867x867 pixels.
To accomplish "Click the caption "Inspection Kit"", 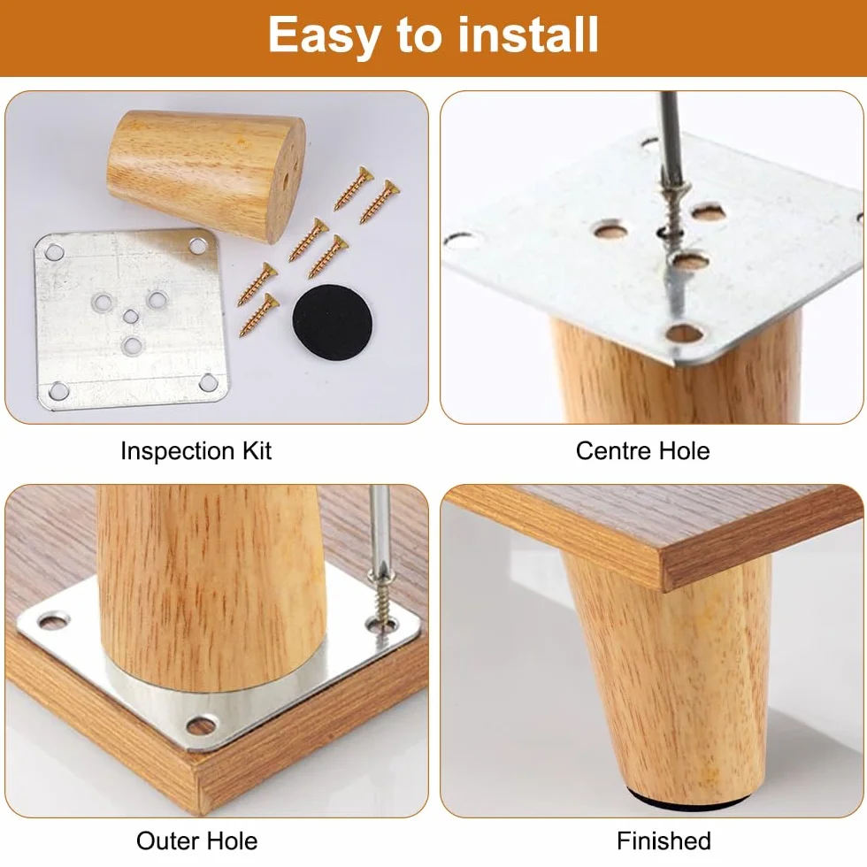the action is click(x=196, y=451).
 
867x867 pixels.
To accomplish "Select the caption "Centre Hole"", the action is click(x=642, y=450).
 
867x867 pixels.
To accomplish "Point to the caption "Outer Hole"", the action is click(x=196, y=841).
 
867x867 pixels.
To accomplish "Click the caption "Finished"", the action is click(x=664, y=841).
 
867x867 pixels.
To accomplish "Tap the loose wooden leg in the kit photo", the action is click(x=206, y=173).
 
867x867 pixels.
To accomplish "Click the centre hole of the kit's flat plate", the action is click(x=131, y=317).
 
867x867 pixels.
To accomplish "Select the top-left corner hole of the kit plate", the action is click(x=54, y=253).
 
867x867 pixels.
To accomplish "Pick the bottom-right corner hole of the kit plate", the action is click(x=209, y=381).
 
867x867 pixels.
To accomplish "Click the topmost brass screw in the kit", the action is click(x=355, y=188).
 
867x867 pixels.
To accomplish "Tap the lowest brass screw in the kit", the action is click(x=258, y=315).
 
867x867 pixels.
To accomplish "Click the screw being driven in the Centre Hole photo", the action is click(x=673, y=211).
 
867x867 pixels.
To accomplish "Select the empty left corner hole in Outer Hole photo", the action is click(x=53, y=621).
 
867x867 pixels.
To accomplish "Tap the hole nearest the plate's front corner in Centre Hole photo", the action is click(x=685, y=334).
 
